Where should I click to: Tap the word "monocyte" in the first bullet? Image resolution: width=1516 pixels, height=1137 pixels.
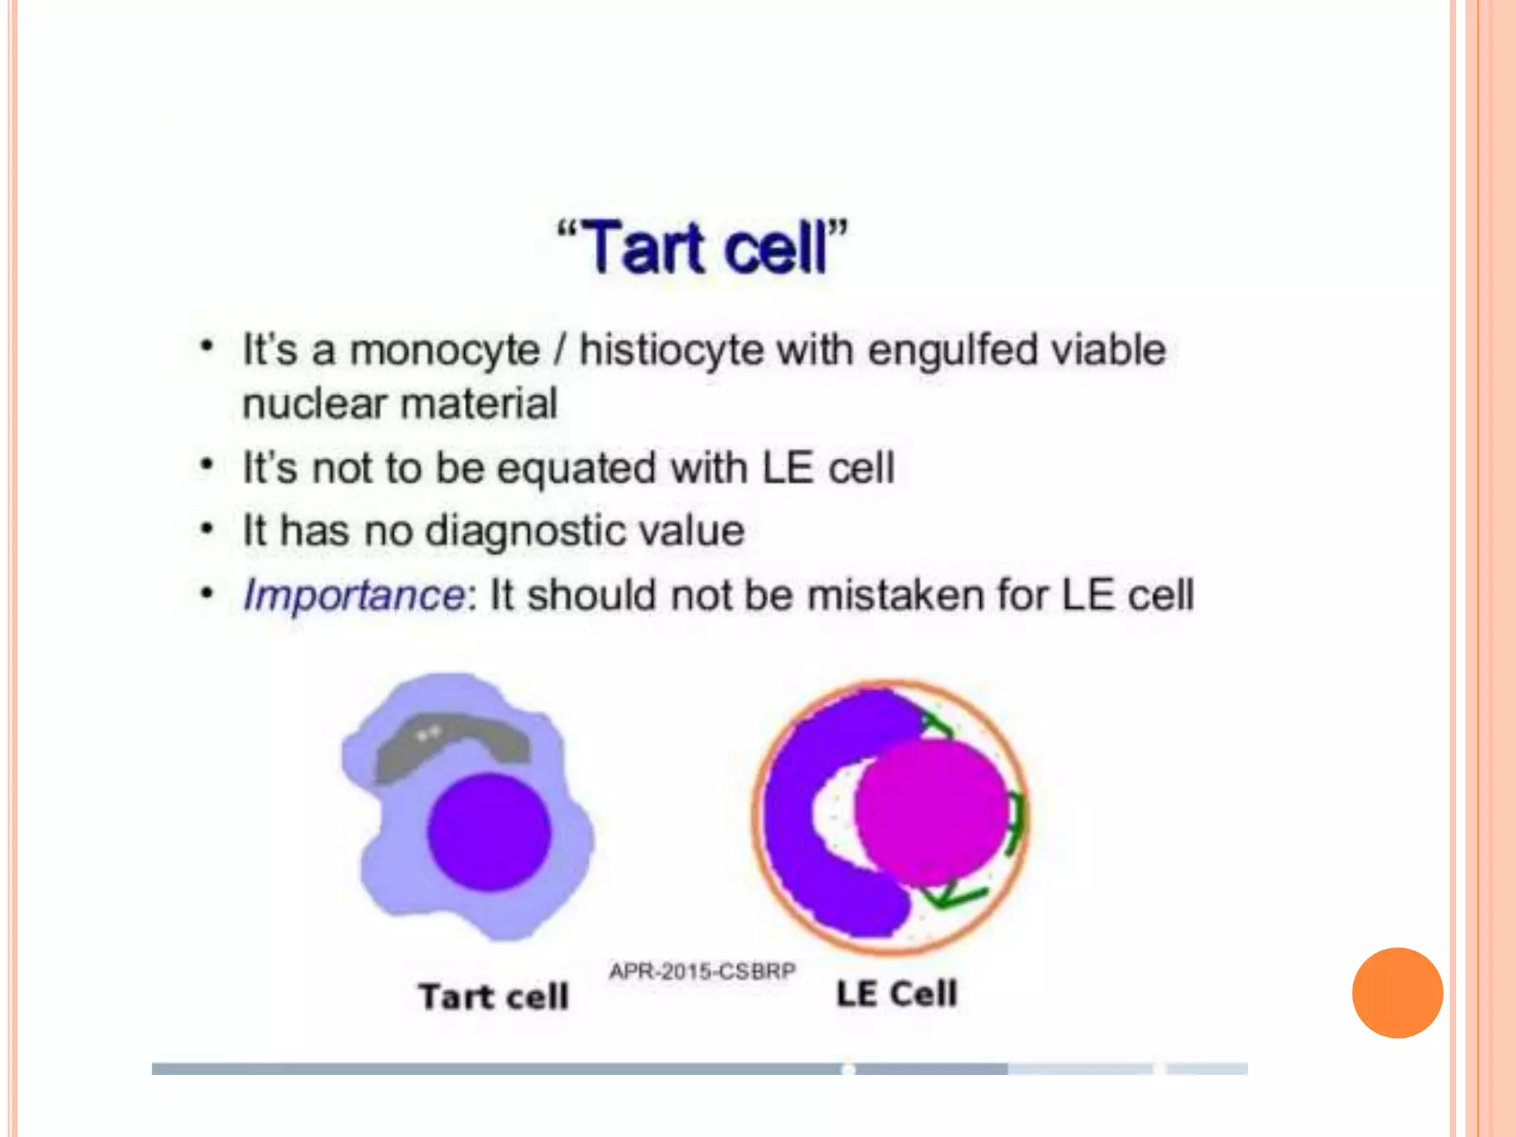444,349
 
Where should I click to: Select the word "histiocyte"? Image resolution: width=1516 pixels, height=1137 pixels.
671,349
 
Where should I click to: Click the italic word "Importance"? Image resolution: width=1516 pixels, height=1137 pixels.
354,595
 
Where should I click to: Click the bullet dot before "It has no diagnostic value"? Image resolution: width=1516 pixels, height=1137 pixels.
207,530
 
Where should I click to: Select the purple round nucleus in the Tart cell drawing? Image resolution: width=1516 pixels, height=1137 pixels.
489,831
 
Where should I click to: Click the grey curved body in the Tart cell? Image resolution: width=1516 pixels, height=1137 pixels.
452,744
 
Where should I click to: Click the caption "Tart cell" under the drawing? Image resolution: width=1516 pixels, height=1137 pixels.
494,996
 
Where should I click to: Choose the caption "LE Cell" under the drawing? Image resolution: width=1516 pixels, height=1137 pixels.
896,993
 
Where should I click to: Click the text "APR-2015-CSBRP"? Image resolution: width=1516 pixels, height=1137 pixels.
702,970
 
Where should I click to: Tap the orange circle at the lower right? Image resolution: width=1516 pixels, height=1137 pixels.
1397,993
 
